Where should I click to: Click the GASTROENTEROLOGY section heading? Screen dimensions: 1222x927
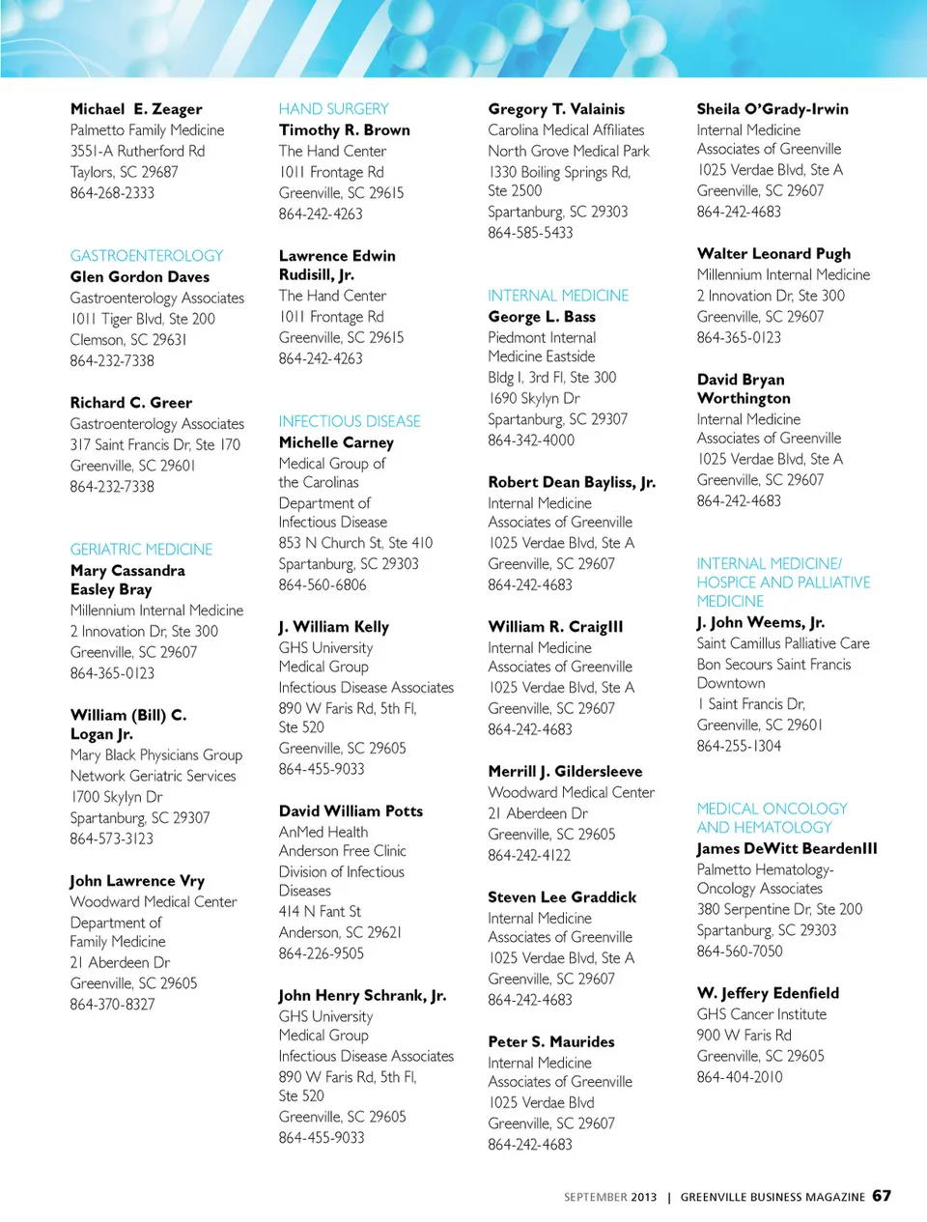point(146,256)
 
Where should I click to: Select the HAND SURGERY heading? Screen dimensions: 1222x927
point(333,109)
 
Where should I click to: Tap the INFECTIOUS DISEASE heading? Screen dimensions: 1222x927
point(350,421)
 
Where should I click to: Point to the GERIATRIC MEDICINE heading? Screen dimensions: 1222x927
point(141,550)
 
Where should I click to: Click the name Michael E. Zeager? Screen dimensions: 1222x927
point(136,109)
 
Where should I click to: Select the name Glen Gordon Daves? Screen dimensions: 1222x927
point(139,277)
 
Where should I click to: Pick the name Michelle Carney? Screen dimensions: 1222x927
point(336,442)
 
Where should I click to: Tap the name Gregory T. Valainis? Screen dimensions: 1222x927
point(556,109)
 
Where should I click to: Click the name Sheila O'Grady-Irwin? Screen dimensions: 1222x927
point(772,109)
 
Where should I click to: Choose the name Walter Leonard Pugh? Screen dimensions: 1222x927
point(773,254)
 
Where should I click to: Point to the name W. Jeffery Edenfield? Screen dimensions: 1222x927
point(768,993)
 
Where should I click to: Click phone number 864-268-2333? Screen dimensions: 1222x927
point(112,193)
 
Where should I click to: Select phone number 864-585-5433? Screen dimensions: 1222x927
point(530,233)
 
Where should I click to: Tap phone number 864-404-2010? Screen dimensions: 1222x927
point(740,1077)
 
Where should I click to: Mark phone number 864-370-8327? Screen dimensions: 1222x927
point(112,1005)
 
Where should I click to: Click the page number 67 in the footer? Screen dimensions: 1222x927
point(882,1196)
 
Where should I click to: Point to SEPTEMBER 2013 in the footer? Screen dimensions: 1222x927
point(610,1197)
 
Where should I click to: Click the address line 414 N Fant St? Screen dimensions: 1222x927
point(320,912)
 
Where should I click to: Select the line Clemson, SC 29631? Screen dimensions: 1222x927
point(128,340)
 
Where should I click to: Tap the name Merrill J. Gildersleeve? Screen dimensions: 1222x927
point(565,772)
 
